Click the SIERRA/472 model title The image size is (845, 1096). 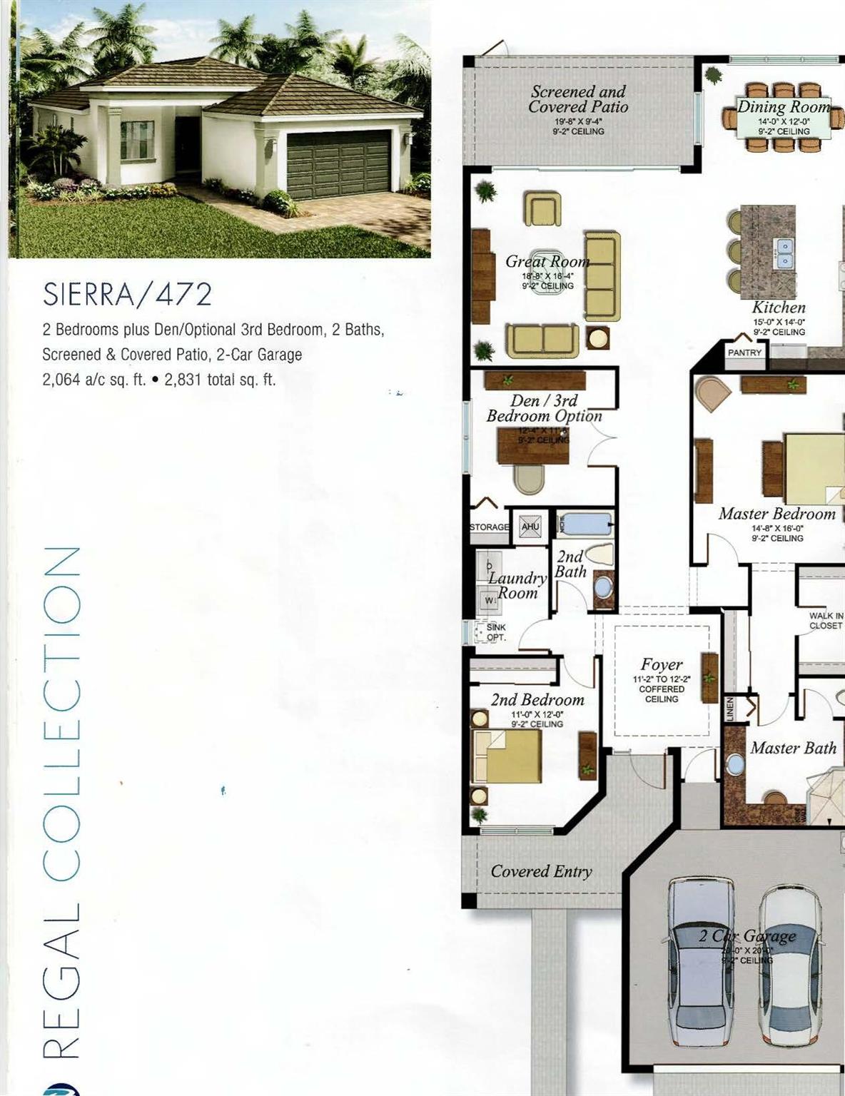pyautogui.click(x=127, y=294)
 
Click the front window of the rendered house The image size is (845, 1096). pyautogui.click(x=137, y=139)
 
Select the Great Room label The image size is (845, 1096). pyautogui.click(x=547, y=262)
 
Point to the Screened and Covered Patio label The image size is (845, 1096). pyautogui.click(x=578, y=99)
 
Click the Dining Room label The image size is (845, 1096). pyautogui.click(x=784, y=107)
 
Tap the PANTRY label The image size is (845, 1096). pyautogui.click(x=744, y=352)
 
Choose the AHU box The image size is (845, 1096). pyautogui.click(x=530, y=527)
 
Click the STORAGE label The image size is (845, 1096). pyautogui.click(x=490, y=527)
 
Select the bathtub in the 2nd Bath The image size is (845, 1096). pyautogui.click(x=585, y=525)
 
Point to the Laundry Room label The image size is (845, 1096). pyautogui.click(x=517, y=585)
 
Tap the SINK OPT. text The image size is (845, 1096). pyautogui.click(x=496, y=632)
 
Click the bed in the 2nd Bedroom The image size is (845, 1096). pyautogui.click(x=507, y=756)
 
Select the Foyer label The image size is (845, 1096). pyautogui.click(x=662, y=664)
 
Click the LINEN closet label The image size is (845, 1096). pyautogui.click(x=730, y=710)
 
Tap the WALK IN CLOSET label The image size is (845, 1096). pyautogui.click(x=826, y=621)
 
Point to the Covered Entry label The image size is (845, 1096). pyautogui.click(x=541, y=871)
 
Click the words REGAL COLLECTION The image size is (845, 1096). pyautogui.click(x=61, y=803)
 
